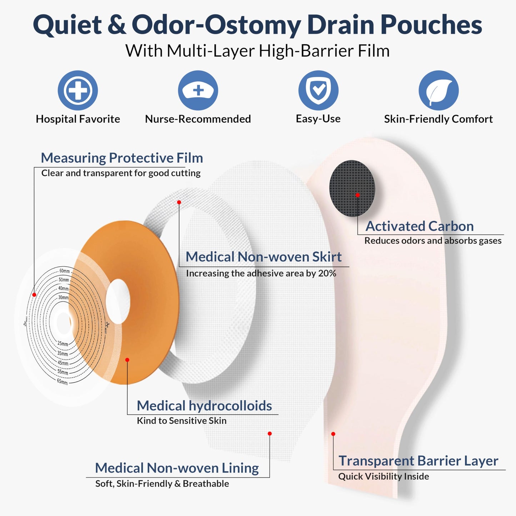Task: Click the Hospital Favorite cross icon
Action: (x=78, y=90)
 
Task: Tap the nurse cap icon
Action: (x=198, y=90)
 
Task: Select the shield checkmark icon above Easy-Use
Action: (x=318, y=90)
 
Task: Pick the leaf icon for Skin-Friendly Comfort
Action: (x=439, y=90)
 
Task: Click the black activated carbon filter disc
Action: (x=352, y=188)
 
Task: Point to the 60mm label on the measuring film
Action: (x=65, y=271)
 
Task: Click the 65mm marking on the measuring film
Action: (x=62, y=382)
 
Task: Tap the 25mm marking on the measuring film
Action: (x=62, y=344)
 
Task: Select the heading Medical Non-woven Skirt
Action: (x=264, y=257)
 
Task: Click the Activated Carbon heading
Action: (x=420, y=226)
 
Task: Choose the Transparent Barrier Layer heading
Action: (x=418, y=461)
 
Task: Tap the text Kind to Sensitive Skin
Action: (x=182, y=421)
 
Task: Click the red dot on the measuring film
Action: (x=34, y=295)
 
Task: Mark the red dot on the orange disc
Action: (x=127, y=360)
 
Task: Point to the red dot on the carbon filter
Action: (x=357, y=195)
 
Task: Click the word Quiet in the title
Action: (x=67, y=25)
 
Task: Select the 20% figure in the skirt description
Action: (x=327, y=274)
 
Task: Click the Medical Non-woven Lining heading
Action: (x=177, y=468)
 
